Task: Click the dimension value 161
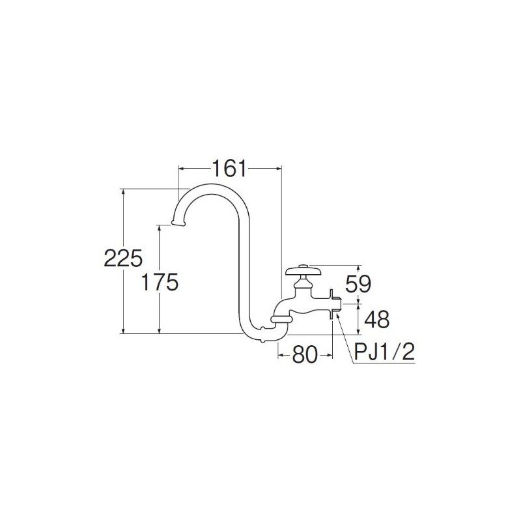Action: pos(229,169)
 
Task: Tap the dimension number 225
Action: pos(122,259)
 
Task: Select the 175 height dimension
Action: pos(159,282)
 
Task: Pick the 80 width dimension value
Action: pos(305,354)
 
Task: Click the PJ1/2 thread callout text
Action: pos(384,354)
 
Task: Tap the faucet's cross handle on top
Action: pos(301,269)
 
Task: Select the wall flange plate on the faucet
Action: pos(333,304)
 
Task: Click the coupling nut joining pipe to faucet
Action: pos(279,317)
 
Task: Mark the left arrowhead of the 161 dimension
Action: pos(182,169)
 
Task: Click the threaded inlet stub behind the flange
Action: pos(339,304)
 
